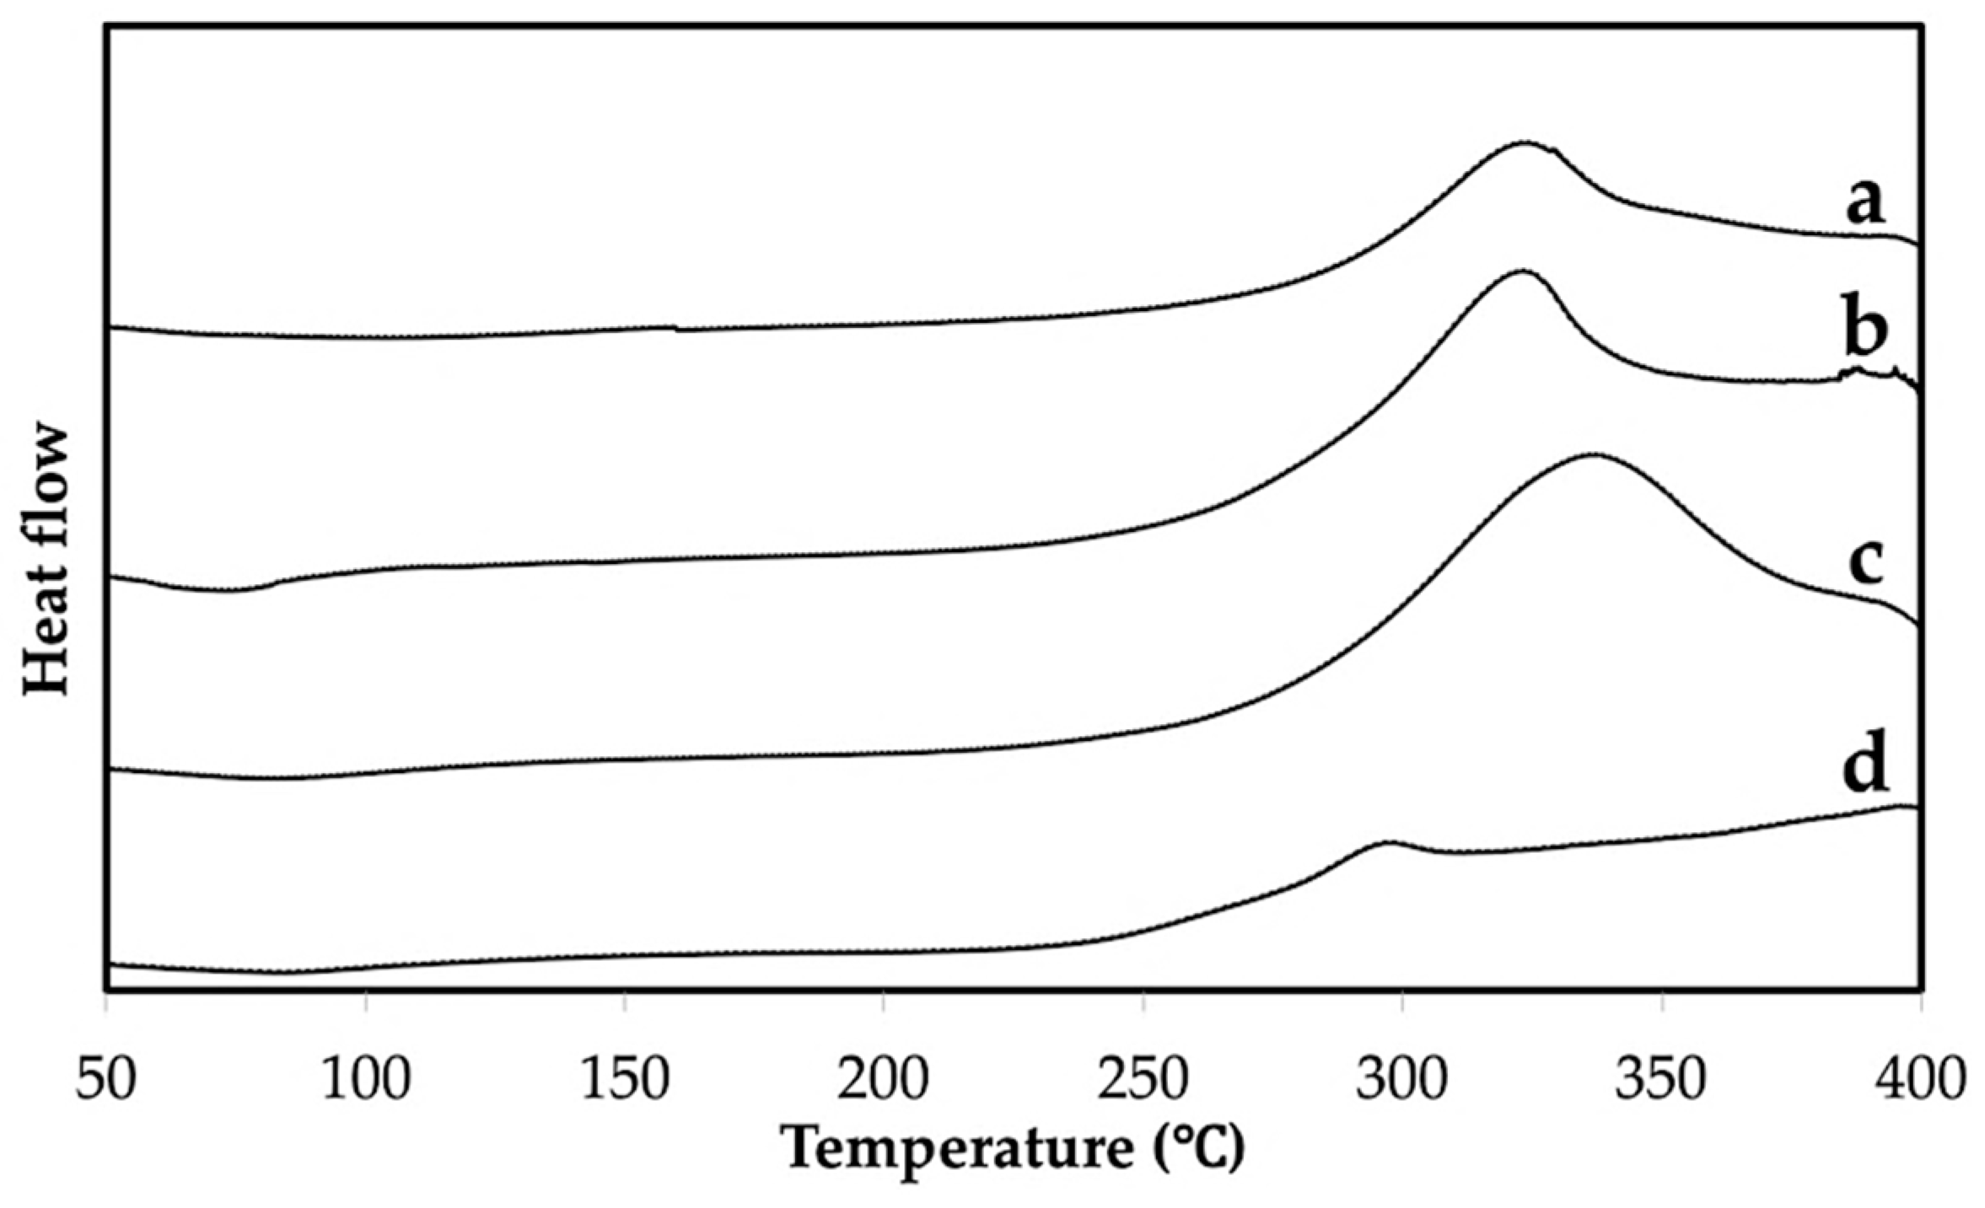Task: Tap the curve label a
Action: (1865, 202)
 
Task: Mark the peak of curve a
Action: (1525, 142)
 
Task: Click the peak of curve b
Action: (1520, 271)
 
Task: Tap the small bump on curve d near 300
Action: (1383, 842)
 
